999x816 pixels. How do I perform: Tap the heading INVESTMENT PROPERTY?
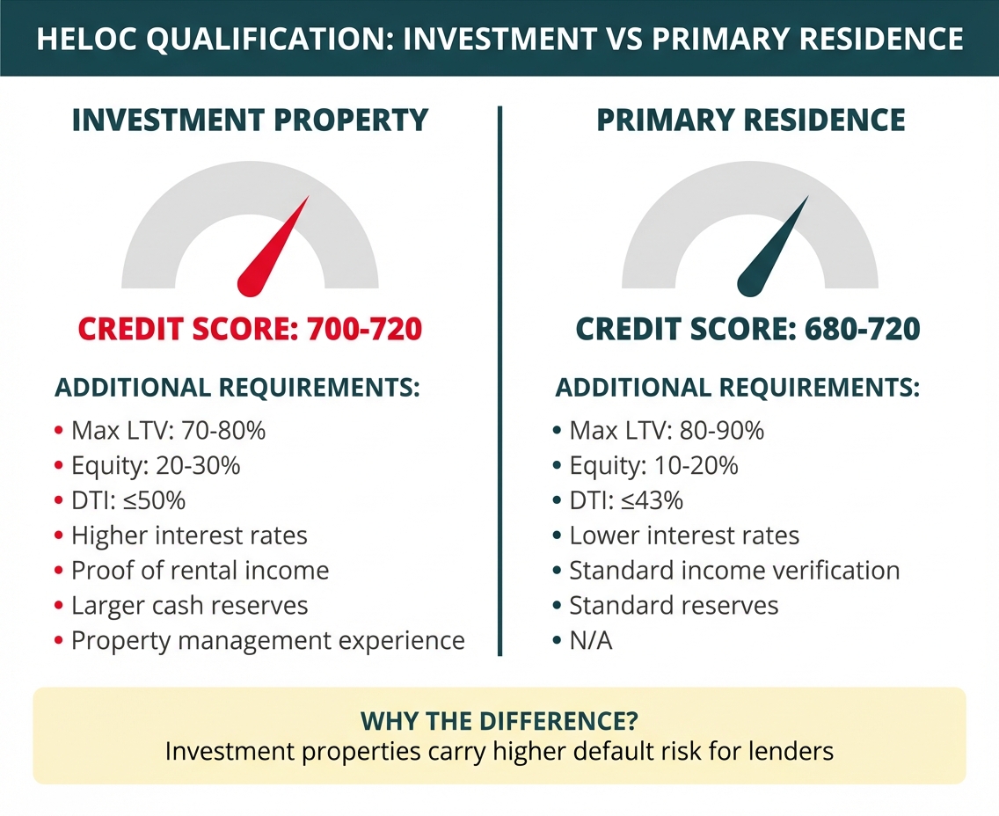(250, 120)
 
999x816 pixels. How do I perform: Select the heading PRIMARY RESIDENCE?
(750, 120)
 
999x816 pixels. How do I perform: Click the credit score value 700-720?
(365, 329)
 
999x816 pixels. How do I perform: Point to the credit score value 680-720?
(863, 329)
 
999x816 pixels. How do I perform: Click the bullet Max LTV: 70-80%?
(168, 431)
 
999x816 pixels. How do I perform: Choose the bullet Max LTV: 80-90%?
(667, 431)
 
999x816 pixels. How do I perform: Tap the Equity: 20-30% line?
(156, 466)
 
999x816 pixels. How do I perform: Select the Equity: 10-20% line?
(653, 466)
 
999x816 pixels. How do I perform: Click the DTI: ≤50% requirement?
(128, 500)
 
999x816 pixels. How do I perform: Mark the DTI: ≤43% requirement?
(626, 500)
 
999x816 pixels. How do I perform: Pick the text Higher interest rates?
(189, 535)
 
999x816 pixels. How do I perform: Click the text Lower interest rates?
(684, 535)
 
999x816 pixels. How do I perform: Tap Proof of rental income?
(200, 571)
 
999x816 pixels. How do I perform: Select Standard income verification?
(734, 571)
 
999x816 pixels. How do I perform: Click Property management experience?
(268, 641)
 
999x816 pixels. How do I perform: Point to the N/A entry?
(591, 641)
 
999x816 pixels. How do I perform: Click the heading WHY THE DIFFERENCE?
(499, 721)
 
